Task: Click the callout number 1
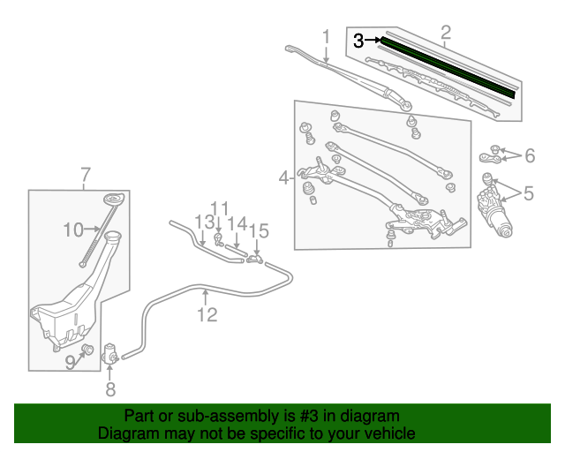pyautogui.click(x=326, y=37)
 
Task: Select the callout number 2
pyautogui.click(x=446, y=34)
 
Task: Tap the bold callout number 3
pyautogui.click(x=358, y=40)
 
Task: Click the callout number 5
pyautogui.click(x=529, y=192)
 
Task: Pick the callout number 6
pyautogui.click(x=530, y=156)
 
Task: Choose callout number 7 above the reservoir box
pyautogui.click(x=85, y=174)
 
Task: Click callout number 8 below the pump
pyautogui.click(x=110, y=388)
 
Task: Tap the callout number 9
pyautogui.click(x=70, y=360)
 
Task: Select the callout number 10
pyautogui.click(x=72, y=230)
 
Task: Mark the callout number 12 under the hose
pyautogui.click(x=207, y=314)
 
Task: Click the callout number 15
pyautogui.click(x=258, y=231)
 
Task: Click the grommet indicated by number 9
pyautogui.click(x=87, y=350)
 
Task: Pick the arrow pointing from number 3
pyautogui.click(x=374, y=40)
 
